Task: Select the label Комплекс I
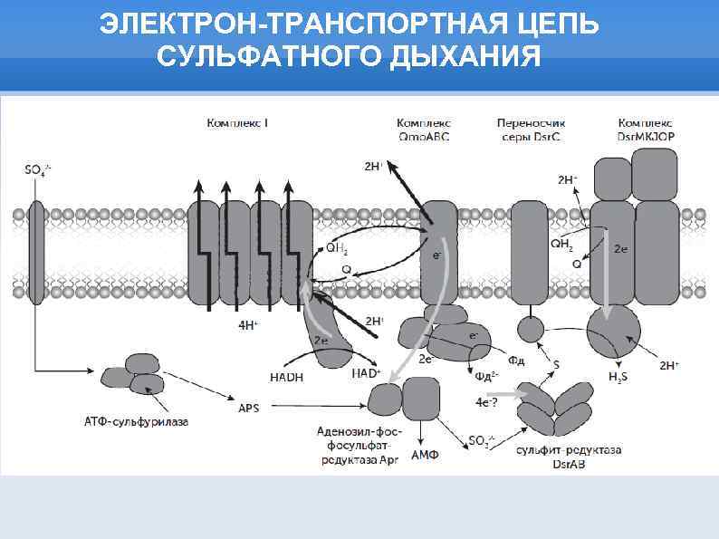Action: point(237,122)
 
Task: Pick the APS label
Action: point(248,409)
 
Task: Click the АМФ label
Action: point(425,455)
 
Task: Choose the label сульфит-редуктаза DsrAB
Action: point(570,457)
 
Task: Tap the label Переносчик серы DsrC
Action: point(529,130)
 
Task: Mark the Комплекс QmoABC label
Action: point(424,130)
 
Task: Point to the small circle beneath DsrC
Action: point(531,328)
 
